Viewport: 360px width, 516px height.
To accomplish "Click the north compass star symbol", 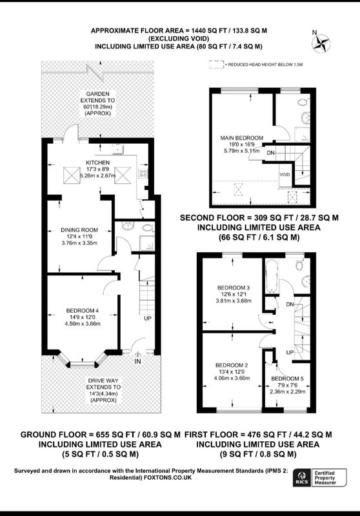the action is pyautogui.click(x=321, y=44).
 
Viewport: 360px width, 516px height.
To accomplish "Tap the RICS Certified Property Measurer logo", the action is pyautogui.click(x=320, y=477).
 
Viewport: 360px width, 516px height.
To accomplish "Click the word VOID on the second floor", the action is pyautogui.click(x=285, y=174).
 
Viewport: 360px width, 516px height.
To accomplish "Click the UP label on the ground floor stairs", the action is pyautogui.click(x=148, y=319).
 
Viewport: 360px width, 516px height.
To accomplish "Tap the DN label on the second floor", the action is pyautogui.click(x=270, y=153).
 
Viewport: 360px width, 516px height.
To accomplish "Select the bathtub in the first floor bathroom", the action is pyautogui.click(x=272, y=276).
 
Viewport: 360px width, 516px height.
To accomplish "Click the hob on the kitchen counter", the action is pyautogui.click(x=143, y=173).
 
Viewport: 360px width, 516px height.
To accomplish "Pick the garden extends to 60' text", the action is pyautogui.click(x=97, y=104).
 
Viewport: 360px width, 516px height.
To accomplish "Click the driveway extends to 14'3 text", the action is pyautogui.click(x=103, y=390).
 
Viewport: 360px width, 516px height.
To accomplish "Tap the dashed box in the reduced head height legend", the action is pyautogui.click(x=216, y=65).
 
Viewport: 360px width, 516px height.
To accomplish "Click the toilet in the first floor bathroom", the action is pyautogui.click(x=299, y=265).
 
